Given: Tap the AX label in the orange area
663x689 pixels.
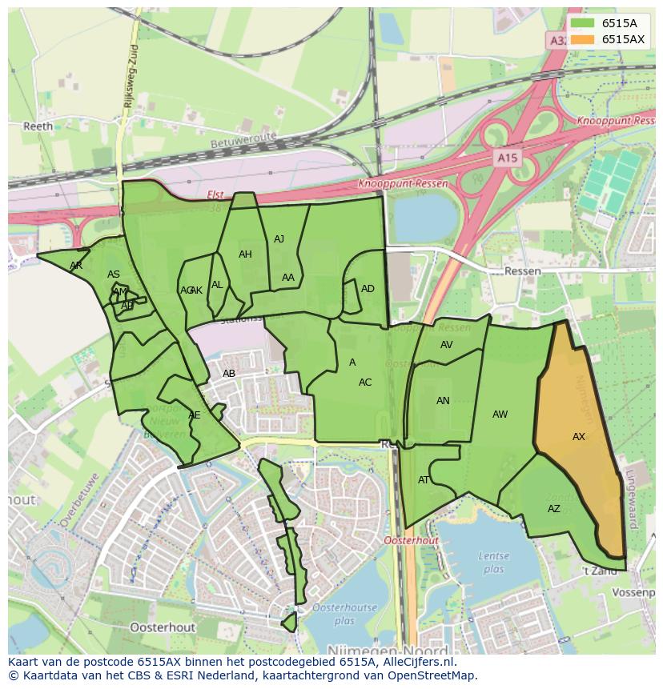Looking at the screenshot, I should (x=579, y=437).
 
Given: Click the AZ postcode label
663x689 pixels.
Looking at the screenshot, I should (x=554, y=509).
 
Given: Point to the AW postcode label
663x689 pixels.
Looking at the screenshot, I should (x=500, y=415).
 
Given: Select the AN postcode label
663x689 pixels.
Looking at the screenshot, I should (x=443, y=401).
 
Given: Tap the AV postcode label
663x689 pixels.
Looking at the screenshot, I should (x=447, y=345).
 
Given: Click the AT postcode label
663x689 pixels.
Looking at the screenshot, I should (x=424, y=480).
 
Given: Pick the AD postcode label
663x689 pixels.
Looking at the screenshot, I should (x=368, y=289).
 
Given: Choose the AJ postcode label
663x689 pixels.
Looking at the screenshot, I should (x=279, y=239).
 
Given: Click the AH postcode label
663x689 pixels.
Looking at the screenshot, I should (x=245, y=254).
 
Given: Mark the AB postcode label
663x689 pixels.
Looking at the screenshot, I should (x=229, y=374).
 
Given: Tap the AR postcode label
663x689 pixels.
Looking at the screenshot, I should (x=76, y=266).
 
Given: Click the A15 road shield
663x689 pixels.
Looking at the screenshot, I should (x=506, y=158).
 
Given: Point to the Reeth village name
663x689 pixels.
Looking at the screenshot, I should (x=38, y=126).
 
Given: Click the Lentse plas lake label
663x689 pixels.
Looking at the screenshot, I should (x=493, y=562).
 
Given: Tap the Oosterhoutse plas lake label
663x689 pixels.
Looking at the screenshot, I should (x=344, y=614).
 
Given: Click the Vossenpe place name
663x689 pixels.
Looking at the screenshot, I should (x=633, y=592).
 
